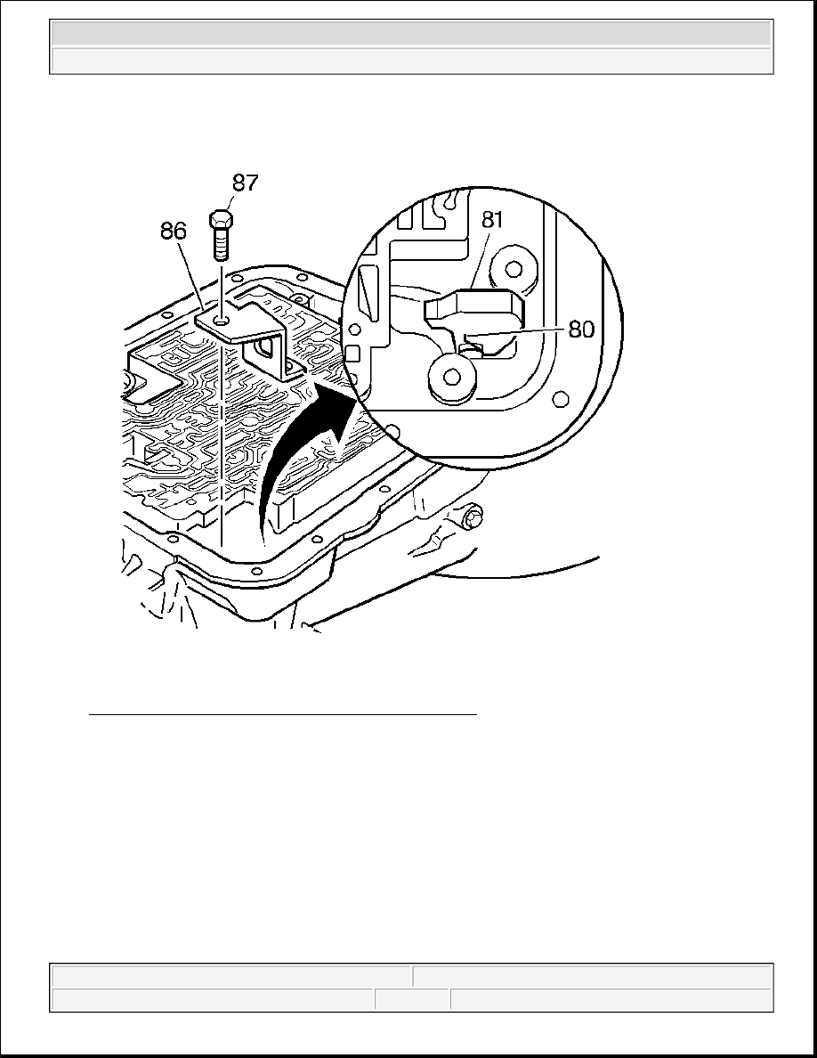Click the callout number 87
pos(246,183)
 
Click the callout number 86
pos(174,232)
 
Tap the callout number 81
pos(493,219)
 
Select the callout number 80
pos(582,330)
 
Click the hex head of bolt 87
pos(221,220)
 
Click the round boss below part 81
pos(451,378)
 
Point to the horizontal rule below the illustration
pos(283,713)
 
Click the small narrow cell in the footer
pos(413,1000)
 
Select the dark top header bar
pos(411,33)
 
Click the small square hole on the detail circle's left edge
pos(352,354)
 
